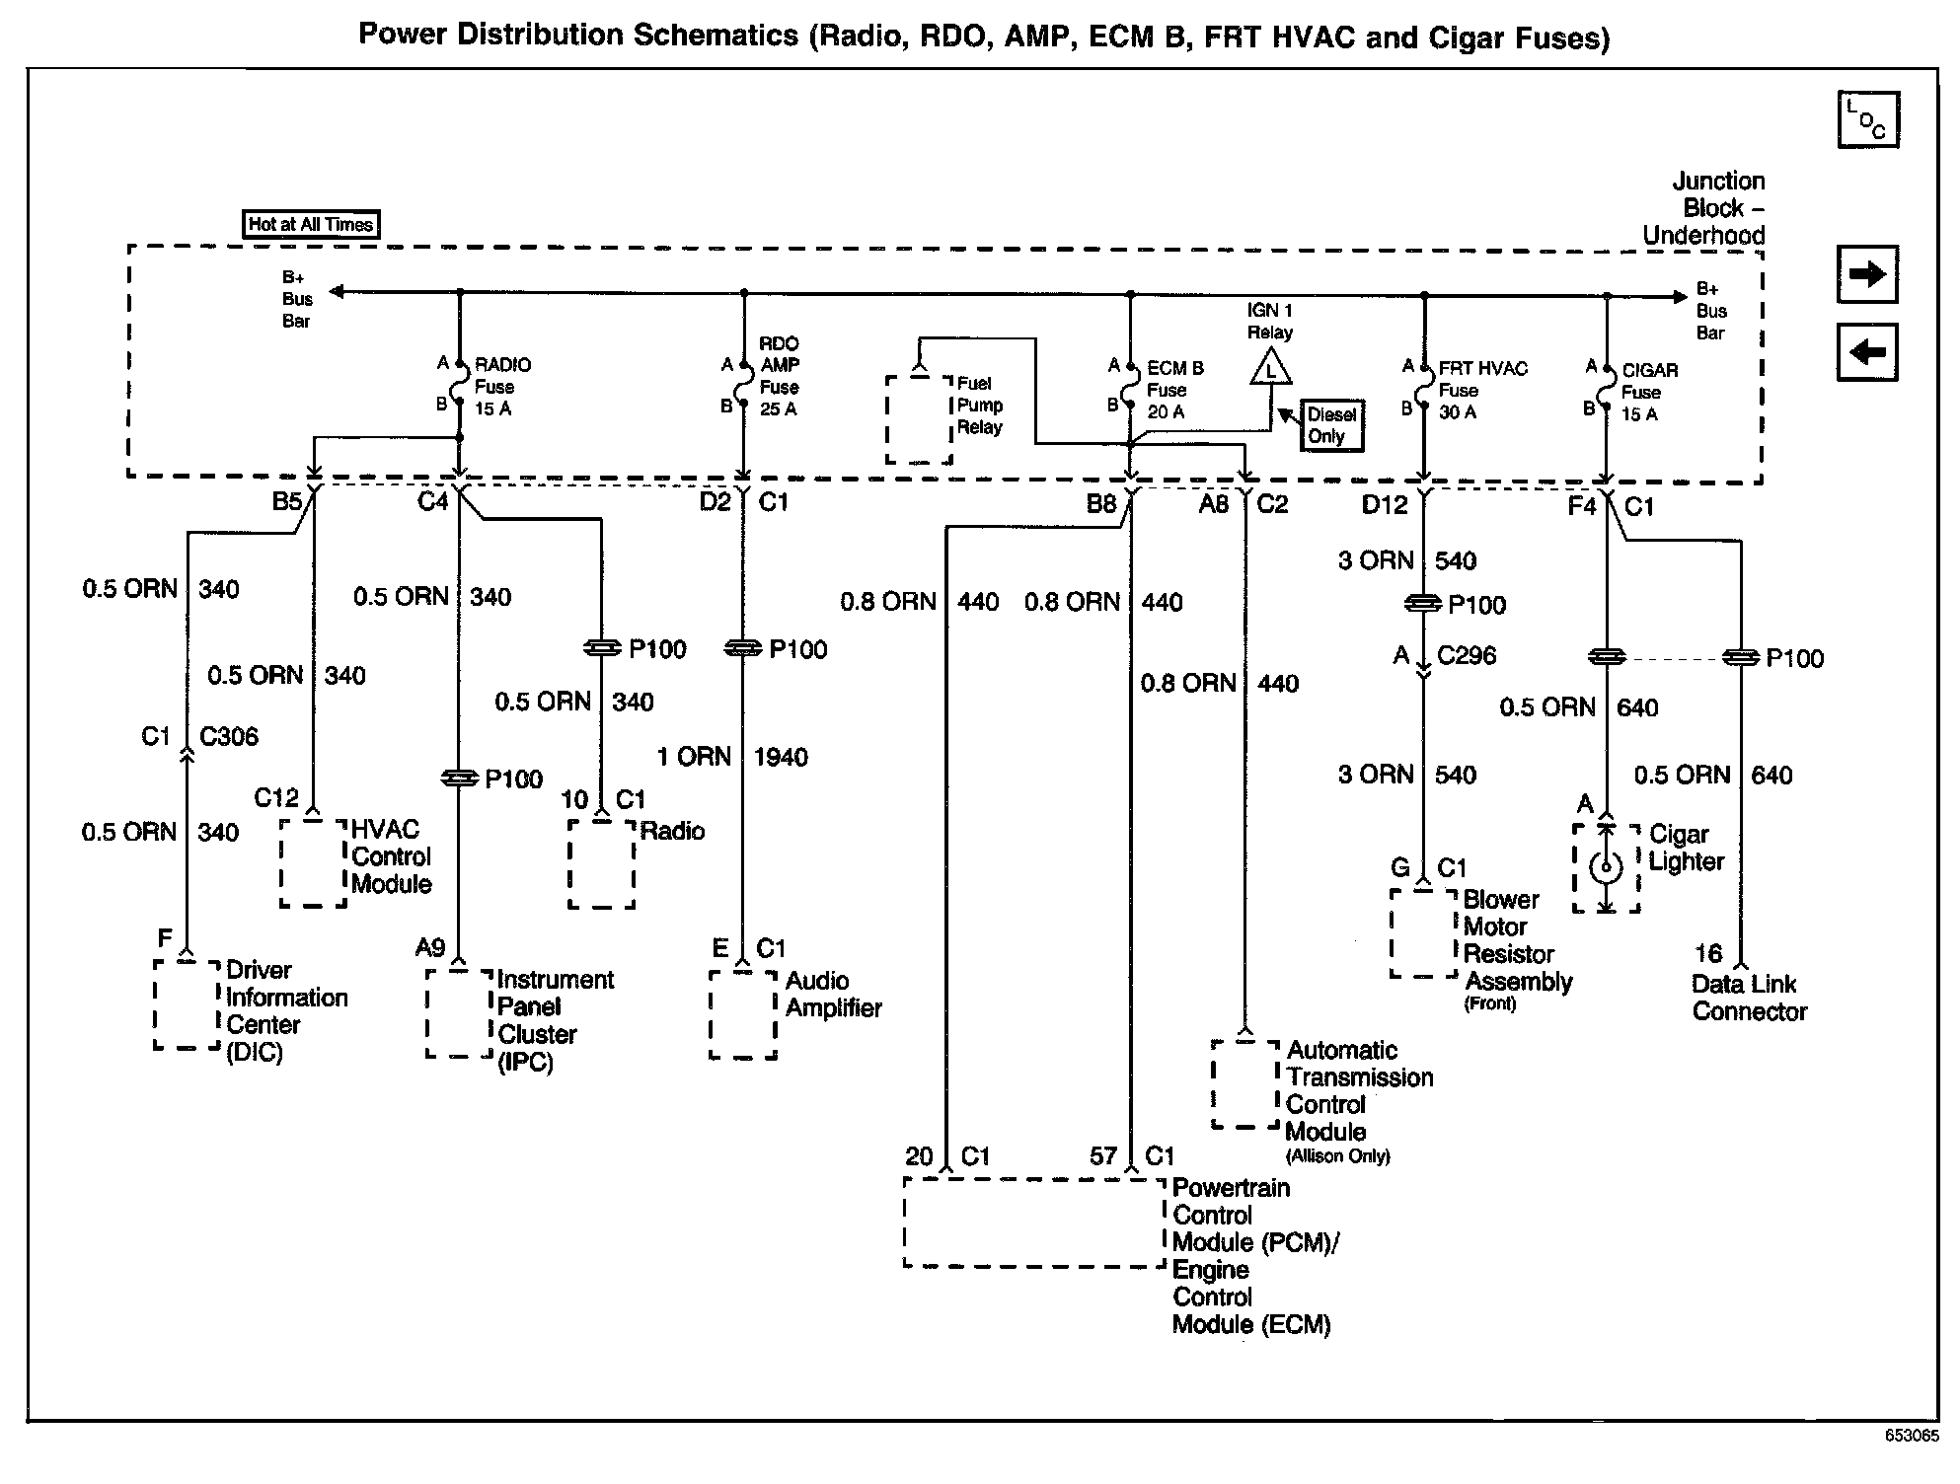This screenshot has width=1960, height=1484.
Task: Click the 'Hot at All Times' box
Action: (311, 225)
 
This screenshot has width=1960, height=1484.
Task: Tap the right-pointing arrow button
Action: (1867, 274)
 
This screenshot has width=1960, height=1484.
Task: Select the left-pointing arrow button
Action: (1867, 352)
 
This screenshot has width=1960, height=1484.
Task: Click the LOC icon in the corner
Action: (1868, 120)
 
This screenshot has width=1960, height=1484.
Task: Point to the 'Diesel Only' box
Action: (1332, 425)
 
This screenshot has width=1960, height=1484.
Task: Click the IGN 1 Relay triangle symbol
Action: (1271, 372)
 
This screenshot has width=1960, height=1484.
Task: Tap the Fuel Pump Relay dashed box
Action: (919, 417)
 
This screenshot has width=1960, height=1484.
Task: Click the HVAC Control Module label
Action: (392, 856)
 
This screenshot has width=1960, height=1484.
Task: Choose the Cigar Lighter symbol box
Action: (1606, 867)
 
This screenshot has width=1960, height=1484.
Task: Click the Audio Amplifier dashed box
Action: (743, 1014)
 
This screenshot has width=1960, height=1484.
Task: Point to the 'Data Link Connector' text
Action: (1749, 998)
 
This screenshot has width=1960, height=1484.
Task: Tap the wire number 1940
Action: (781, 757)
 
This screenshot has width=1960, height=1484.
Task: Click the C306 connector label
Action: (229, 736)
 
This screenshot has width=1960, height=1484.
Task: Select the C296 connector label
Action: (1467, 655)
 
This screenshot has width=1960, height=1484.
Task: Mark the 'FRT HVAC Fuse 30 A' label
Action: (1481, 390)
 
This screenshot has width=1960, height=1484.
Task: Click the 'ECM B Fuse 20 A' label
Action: (1174, 390)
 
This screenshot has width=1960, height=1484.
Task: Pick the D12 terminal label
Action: (1385, 505)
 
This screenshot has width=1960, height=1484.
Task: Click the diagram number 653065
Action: (1912, 1436)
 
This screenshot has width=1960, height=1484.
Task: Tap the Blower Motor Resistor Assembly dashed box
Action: (1423, 933)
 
